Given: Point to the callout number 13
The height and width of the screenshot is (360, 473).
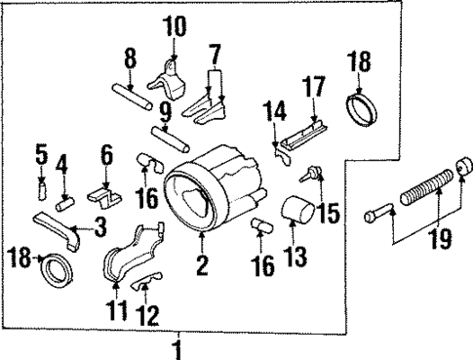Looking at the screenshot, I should (295, 256).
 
